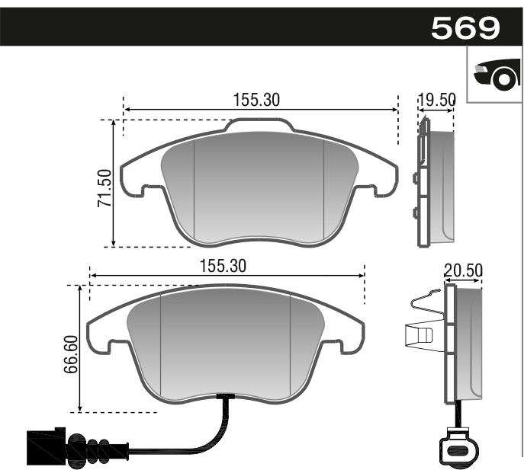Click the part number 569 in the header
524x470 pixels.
coord(465,28)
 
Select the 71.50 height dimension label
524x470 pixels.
coord(105,189)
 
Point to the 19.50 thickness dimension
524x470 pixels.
coord(436,100)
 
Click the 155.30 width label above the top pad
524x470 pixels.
coord(257,99)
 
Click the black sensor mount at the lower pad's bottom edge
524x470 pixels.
coord(226,396)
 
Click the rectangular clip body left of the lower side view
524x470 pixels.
coord(419,334)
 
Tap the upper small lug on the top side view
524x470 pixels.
coord(415,179)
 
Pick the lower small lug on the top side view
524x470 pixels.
coord(415,213)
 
